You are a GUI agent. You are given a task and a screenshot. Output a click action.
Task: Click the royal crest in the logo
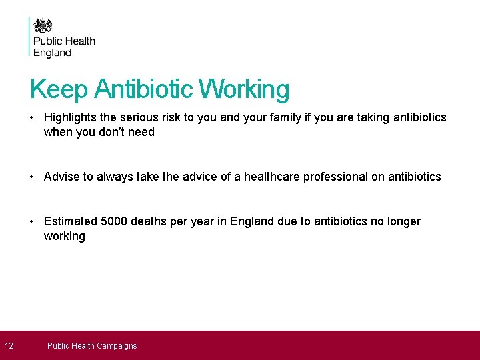pyautogui.click(x=43, y=25)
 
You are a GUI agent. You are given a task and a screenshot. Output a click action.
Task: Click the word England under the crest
pyautogui.click(x=52, y=53)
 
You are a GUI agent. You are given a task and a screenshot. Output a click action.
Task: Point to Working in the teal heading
pyautogui.click(x=245, y=89)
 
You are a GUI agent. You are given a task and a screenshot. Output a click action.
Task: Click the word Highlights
pyautogui.click(x=70, y=117)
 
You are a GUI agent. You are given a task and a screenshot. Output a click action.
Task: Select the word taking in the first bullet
pyautogui.click(x=374, y=117)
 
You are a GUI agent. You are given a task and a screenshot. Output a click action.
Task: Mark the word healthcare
pyautogui.click(x=271, y=177)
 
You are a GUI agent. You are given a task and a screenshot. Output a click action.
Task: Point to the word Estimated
pyautogui.click(x=71, y=221)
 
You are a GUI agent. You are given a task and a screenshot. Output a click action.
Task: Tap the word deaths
pyautogui.click(x=149, y=221)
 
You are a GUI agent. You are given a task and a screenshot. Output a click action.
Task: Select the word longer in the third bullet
pyautogui.click(x=402, y=221)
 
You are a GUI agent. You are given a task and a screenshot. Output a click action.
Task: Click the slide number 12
pyautogui.click(x=8, y=345)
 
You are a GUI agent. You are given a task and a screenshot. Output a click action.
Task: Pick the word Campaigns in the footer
pyautogui.click(x=117, y=346)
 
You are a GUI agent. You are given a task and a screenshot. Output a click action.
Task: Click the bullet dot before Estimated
pyautogui.click(x=32, y=221)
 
